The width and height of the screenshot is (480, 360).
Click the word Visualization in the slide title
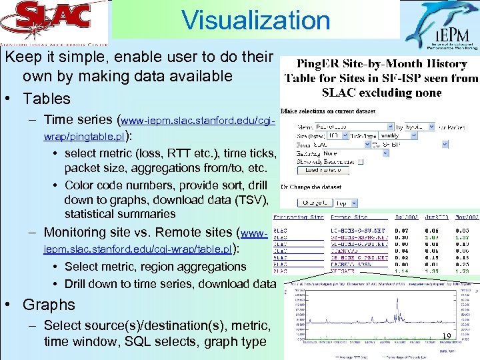(256, 20)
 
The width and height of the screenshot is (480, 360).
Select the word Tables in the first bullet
(46, 99)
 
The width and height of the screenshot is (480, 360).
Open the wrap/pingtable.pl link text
(83, 137)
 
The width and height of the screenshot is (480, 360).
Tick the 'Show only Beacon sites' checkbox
(361, 161)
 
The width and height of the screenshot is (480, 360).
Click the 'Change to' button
(315, 203)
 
